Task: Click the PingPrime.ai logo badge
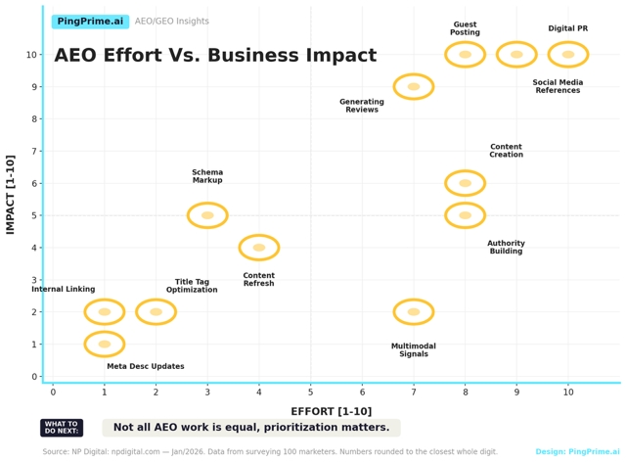[x=90, y=22]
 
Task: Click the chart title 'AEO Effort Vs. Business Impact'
[x=201, y=56]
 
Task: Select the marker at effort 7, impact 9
[x=414, y=87]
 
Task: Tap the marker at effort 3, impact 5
[x=207, y=215]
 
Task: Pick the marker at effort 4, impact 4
[x=259, y=248]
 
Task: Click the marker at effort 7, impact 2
[x=414, y=312]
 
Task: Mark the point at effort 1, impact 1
[x=105, y=345]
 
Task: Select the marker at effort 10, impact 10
[x=568, y=55]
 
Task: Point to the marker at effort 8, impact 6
[x=465, y=183]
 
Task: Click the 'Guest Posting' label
[x=466, y=29]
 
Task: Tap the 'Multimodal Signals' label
[x=414, y=350]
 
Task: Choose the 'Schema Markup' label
[x=207, y=177]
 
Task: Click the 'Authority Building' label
[x=506, y=248]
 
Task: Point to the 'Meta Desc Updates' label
[x=146, y=367]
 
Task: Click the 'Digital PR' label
[x=568, y=29]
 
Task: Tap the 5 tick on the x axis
[x=311, y=393]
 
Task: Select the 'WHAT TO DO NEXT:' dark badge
[x=62, y=428]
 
